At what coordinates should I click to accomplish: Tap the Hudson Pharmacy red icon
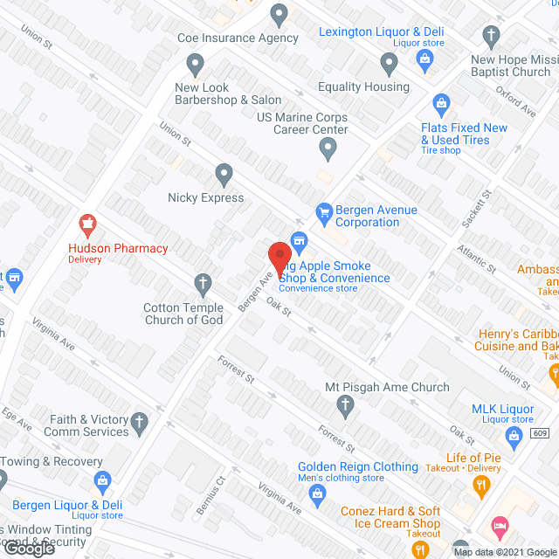[86, 224]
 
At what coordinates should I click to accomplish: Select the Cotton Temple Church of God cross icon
[203, 282]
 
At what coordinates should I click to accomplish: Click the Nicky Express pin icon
[224, 175]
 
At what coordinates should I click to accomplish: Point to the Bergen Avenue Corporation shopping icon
[324, 210]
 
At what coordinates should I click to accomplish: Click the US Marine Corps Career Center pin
[328, 149]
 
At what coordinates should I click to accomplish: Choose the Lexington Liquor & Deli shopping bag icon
[425, 59]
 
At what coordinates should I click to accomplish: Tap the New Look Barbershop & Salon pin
[195, 63]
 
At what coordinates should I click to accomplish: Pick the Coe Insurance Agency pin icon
[279, 14]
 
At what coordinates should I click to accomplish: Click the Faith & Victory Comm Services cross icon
[140, 425]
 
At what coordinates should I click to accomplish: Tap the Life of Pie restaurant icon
[480, 483]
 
